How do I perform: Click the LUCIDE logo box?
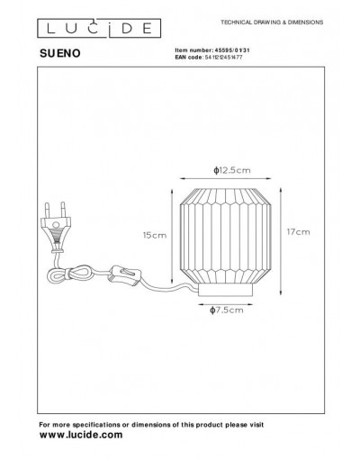[x=99, y=28]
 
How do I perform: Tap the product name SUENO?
[x=60, y=53]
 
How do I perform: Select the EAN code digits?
[x=223, y=57]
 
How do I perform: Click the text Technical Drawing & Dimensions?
[x=272, y=22]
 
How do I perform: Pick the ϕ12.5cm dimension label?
[x=232, y=170]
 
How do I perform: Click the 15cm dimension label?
[x=155, y=235]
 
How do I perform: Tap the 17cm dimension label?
[x=298, y=232]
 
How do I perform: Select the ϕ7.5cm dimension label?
[x=227, y=310]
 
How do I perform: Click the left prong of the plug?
[x=47, y=210]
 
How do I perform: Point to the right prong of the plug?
[x=63, y=209]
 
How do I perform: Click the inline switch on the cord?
[x=125, y=274]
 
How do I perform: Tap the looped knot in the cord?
[x=69, y=274]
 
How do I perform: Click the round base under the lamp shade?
[x=225, y=290]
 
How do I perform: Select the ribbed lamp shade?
[x=225, y=236]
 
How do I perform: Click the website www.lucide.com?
[x=81, y=435]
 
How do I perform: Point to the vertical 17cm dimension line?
[x=281, y=241]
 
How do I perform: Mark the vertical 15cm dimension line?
[x=172, y=236]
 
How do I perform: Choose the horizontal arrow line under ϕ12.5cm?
[x=225, y=179]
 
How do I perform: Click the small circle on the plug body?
[x=56, y=224]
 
